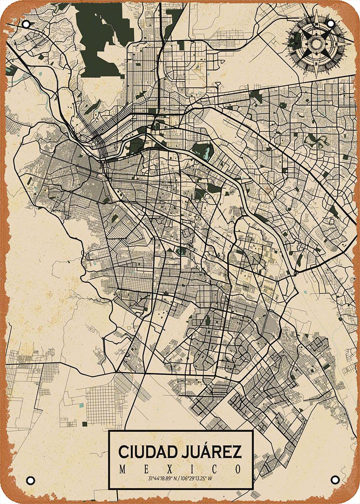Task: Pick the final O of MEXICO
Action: pos(238,469)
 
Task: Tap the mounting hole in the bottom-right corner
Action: pos(334,479)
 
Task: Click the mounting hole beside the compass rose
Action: pos(330,24)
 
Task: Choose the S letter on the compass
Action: pos(316,65)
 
